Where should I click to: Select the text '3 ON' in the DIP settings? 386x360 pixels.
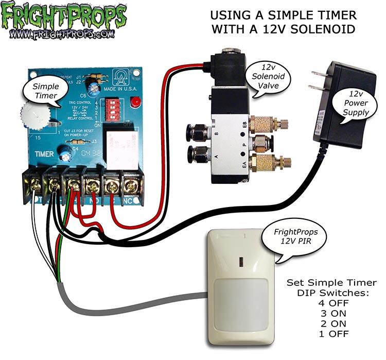point(325,313)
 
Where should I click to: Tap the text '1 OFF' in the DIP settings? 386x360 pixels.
point(325,334)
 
